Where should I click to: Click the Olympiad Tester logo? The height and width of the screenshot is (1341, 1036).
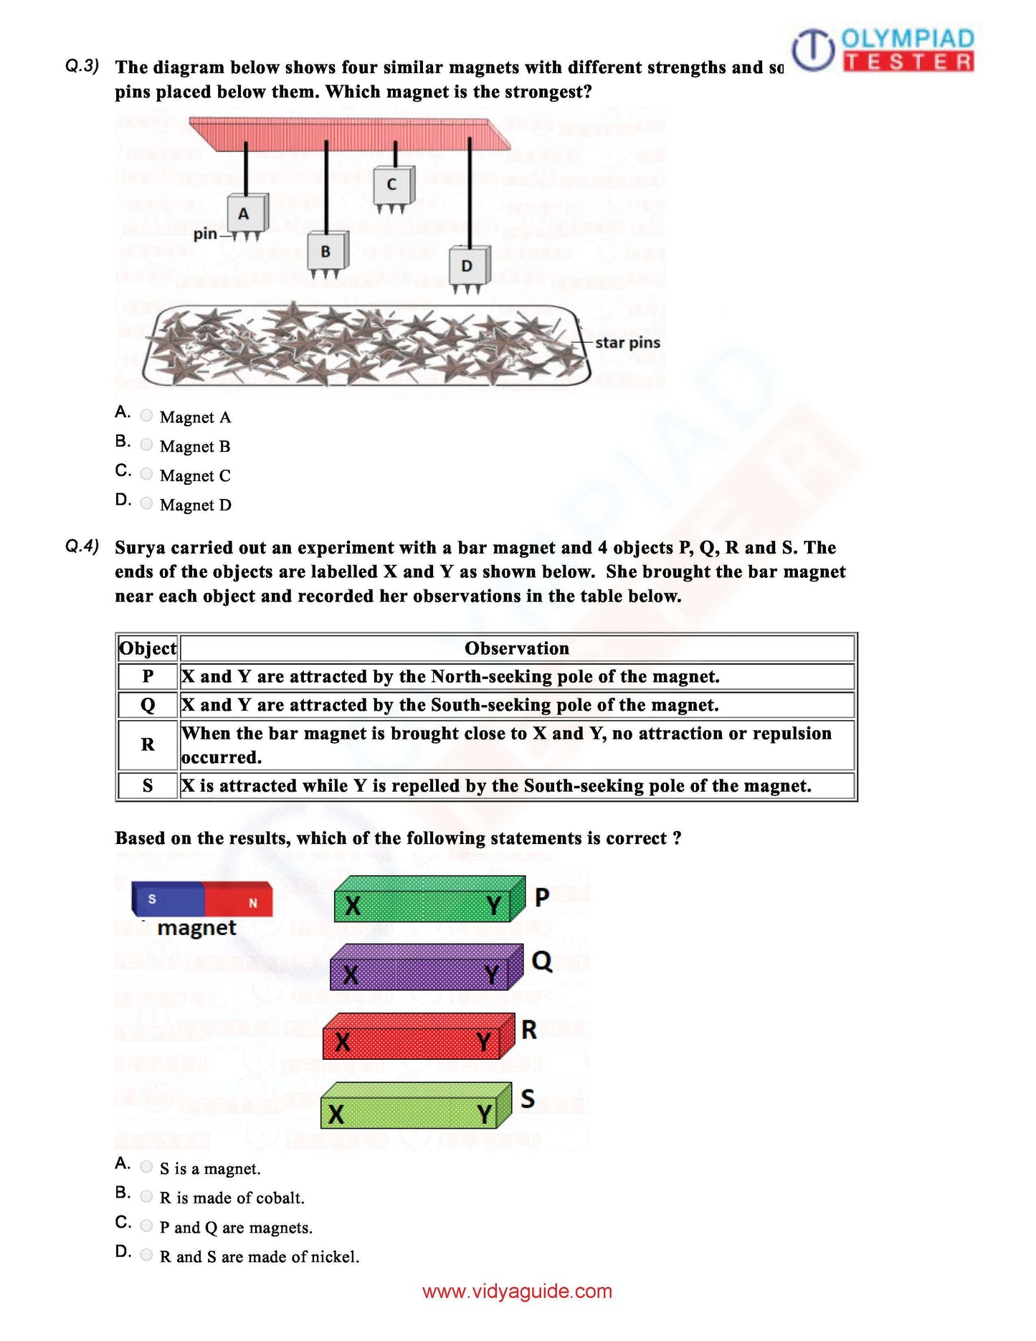click(x=883, y=49)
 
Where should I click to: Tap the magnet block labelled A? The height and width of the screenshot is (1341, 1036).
click(x=245, y=213)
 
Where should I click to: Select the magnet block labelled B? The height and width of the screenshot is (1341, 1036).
click(x=326, y=251)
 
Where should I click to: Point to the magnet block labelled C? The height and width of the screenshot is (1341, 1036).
click(x=391, y=184)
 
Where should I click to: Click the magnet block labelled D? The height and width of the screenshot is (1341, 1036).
click(x=467, y=266)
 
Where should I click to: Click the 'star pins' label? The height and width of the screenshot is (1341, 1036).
click(x=627, y=343)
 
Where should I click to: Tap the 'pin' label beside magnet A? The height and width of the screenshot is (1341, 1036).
click(x=205, y=234)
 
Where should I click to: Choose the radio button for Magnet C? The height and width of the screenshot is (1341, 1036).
click(x=146, y=474)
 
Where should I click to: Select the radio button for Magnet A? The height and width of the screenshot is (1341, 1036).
click(x=146, y=415)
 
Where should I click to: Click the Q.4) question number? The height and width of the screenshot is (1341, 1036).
click(x=82, y=546)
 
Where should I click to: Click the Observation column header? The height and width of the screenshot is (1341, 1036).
click(x=516, y=648)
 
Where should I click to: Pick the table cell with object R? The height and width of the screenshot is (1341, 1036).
click(x=148, y=744)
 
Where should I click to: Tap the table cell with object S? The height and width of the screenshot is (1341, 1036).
click(x=148, y=785)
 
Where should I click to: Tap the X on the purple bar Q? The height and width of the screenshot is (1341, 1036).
click(x=351, y=975)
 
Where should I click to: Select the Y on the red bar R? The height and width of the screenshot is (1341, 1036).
click(x=484, y=1041)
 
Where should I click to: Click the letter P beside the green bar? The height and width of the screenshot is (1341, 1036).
click(x=542, y=897)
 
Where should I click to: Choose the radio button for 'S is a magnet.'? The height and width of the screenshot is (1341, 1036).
click(x=146, y=1167)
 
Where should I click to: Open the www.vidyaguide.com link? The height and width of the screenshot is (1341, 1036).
click(x=517, y=1292)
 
